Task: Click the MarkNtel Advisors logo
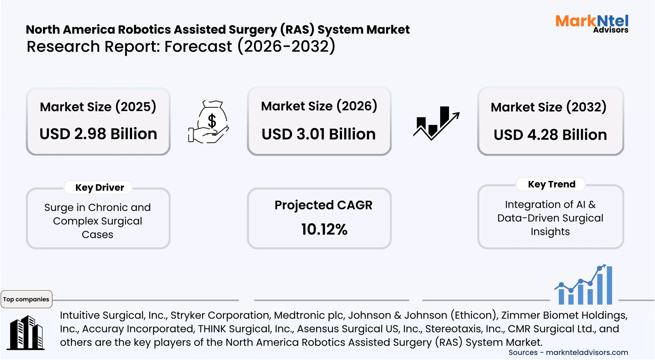[x=592, y=24]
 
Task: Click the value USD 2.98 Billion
[x=98, y=134]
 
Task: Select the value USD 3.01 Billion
[x=319, y=134]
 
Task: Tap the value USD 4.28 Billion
[x=550, y=135]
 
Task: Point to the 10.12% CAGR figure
[x=324, y=229]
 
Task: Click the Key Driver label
[x=100, y=188]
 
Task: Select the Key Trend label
[x=551, y=184]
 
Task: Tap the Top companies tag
[x=26, y=299]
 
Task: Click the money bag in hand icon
[x=209, y=122]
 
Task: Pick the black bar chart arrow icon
[x=436, y=123]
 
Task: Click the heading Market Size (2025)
[x=98, y=107]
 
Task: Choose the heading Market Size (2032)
[x=548, y=107]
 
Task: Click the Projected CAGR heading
[x=323, y=205]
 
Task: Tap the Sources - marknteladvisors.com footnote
[x=568, y=353]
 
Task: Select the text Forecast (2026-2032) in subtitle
[x=250, y=47]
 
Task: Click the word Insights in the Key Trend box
[x=550, y=232]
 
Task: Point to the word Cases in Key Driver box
[x=97, y=235]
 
